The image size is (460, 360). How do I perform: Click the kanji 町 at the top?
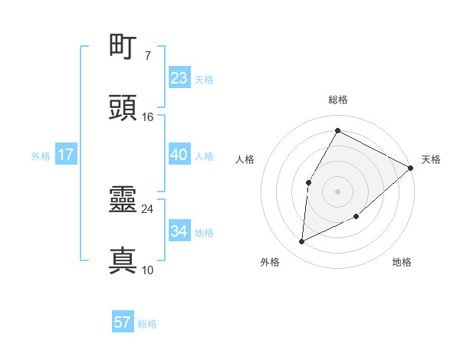123,48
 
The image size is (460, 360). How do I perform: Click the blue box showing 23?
179,78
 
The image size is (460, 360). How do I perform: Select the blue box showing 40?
179,155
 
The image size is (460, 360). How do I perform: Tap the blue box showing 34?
179,231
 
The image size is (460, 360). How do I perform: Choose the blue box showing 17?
66,155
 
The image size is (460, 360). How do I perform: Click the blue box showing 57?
123,322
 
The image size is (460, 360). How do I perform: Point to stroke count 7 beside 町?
147,56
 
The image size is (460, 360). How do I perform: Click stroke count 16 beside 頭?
147,117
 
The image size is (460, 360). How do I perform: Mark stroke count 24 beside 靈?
147,208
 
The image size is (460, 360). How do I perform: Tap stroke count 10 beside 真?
147,270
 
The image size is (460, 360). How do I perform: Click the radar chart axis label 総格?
337,100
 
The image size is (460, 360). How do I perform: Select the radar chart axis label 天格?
431,159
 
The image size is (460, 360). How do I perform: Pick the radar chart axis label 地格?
402,262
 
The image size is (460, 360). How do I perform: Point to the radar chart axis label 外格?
270,262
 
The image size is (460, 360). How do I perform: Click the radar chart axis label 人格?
245,159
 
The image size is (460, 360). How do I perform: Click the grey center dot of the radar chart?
337,191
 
